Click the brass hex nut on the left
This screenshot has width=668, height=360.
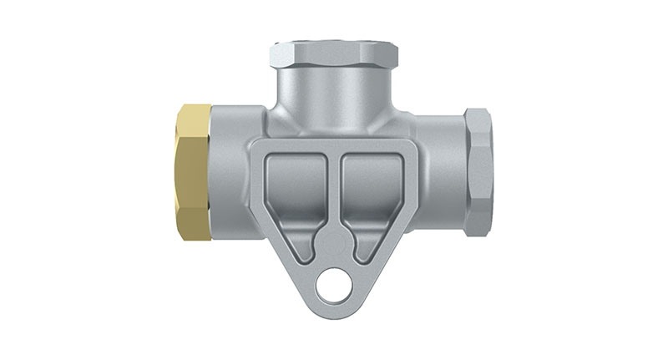(x=195, y=172)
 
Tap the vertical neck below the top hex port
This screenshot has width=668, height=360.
(x=334, y=96)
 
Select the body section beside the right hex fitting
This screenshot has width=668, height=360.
(x=438, y=159)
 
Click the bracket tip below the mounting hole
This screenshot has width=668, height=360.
(x=337, y=311)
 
